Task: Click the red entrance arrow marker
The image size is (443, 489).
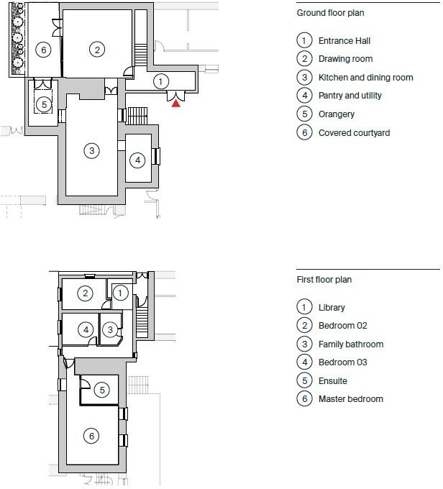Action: tap(175, 104)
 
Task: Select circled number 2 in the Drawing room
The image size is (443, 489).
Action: tap(96, 49)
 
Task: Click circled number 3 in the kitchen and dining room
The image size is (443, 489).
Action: tap(91, 150)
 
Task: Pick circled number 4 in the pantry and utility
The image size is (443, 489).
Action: tap(137, 159)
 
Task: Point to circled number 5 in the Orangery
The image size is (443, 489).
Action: tap(44, 104)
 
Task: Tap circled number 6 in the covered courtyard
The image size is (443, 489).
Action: tap(44, 49)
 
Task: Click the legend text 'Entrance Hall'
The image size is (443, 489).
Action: tap(344, 40)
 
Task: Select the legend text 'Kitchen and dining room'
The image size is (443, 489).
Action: tap(365, 78)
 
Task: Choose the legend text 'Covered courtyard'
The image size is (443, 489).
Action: tap(354, 133)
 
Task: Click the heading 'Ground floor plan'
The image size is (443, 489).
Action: tap(331, 13)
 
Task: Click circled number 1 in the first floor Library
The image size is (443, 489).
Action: tap(120, 293)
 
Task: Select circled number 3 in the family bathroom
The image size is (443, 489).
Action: tap(110, 329)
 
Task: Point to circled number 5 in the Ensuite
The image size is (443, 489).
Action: tap(102, 390)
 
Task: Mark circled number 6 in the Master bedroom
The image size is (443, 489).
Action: tap(91, 436)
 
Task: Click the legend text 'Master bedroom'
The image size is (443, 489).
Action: tap(350, 399)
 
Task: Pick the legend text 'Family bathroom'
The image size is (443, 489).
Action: tap(350, 344)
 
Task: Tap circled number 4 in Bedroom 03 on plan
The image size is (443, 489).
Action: tap(86, 329)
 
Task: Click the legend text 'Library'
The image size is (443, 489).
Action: tap(332, 308)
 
